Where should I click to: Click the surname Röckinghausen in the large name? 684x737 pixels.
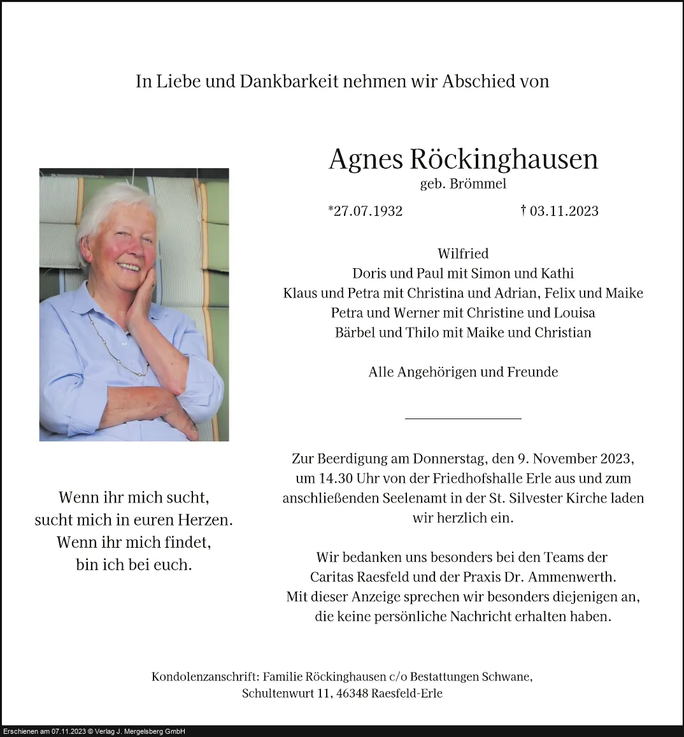[x=504, y=159]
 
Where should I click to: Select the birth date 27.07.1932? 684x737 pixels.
[x=367, y=211]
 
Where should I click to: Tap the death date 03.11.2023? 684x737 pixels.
[x=564, y=211]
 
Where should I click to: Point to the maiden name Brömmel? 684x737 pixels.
[x=478, y=184]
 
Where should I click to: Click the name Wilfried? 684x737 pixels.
[x=463, y=254]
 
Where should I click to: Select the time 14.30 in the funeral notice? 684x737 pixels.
[x=337, y=478]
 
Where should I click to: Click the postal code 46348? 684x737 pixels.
[x=350, y=693]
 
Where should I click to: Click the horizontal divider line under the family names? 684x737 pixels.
[x=463, y=419]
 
